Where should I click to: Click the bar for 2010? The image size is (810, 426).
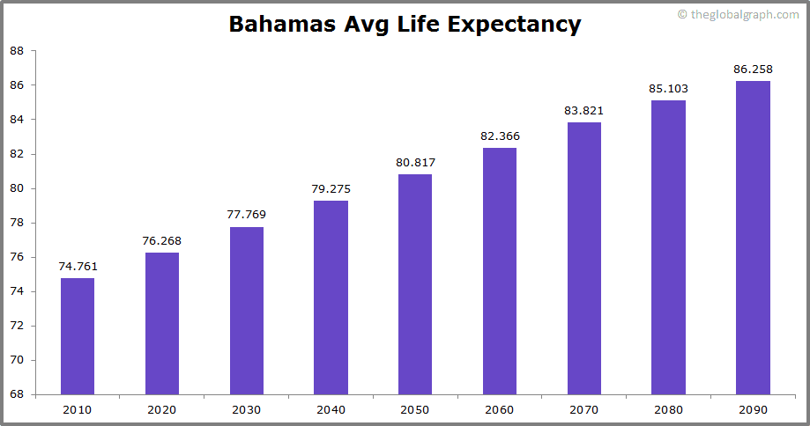tap(78, 336)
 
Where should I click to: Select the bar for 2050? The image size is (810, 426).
tap(415, 284)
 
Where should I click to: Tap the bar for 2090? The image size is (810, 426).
tap(753, 238)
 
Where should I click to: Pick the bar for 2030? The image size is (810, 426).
tap(247, 311)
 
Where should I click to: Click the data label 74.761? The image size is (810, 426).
tap(78, 266)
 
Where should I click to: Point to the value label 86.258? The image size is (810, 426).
tap(753, 69)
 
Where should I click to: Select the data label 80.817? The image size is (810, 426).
tap(415, 162)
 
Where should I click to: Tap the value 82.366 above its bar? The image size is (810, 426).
tap(500, 136)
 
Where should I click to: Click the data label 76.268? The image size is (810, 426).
tap(162, 240)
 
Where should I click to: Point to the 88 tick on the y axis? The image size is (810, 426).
tap(17, 51)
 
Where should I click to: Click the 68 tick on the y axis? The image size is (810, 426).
tap(17, 394)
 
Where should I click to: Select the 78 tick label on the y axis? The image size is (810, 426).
tap(17, 223)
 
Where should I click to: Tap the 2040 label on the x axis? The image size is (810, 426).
tap(331, 409)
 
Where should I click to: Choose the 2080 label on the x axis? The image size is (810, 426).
tap(669, 409)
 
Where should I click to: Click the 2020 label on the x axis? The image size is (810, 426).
tap(162, 409)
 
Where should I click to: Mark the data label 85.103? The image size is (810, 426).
tap(669, 88)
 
